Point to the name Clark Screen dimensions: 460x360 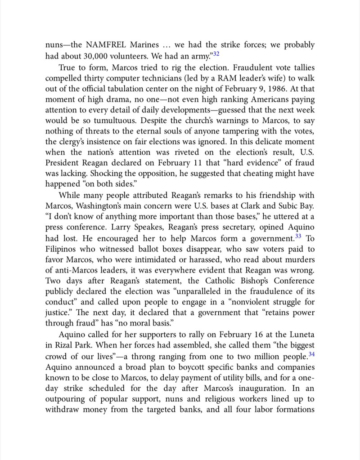click(x=253, y=208)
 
